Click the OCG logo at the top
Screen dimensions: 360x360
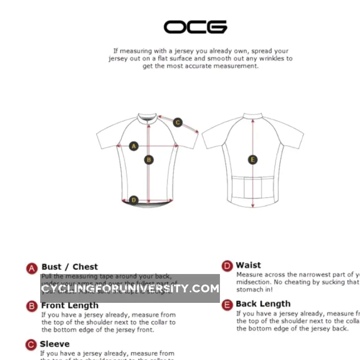(x=195, y=27)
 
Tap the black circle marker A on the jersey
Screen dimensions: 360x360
(x=134, y=146)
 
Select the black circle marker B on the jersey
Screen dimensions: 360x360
(x=149, y=160)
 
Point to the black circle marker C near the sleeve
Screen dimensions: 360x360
(x=178, y=123)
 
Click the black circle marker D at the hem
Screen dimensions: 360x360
(x=134, y=200)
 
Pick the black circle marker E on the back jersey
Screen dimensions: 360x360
(x=253, y=160)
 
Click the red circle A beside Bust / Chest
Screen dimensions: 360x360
(x=31, y=268)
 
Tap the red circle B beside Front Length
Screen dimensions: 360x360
(x=32, y=306)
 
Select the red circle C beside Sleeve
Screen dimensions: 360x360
(x=31, y=345)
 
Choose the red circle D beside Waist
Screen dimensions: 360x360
(x=227, y=266)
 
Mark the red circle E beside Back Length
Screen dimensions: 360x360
(x=227, y=305)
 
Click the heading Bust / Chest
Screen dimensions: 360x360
(x=70, y=267)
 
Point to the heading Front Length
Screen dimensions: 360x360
(x=70, y=305)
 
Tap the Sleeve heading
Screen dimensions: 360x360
(x=55, y=344)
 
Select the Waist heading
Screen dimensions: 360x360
(x=248, y=265)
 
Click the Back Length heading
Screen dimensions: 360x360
(x=263, y=304)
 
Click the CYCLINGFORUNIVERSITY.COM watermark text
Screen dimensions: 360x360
(x=130, y=288)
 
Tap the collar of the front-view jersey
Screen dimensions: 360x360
(x=147, y=117)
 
